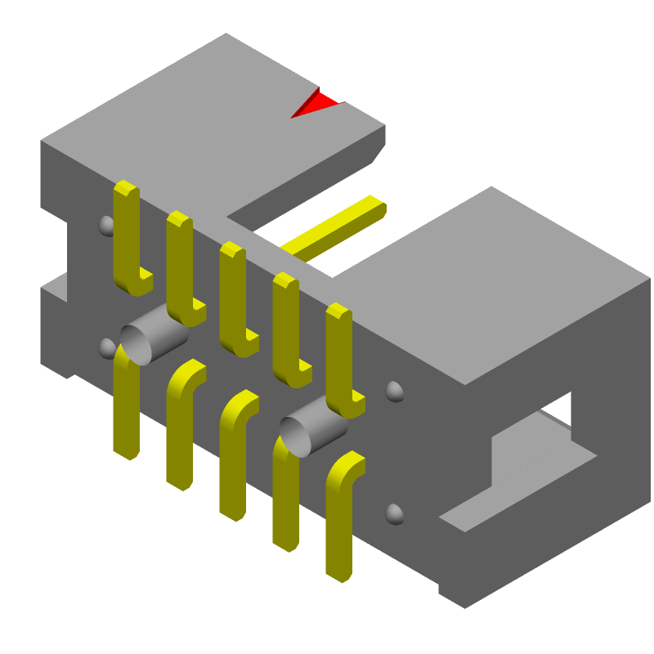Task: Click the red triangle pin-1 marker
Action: click(x=316, y=104)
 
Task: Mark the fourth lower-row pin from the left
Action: click(x=285, y=499)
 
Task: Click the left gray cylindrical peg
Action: click(x=151, y=336)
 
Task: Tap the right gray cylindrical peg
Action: click(x=311, y=428)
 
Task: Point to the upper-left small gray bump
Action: click(x=106, y=225)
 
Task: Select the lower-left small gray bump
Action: click(x=106, y=348)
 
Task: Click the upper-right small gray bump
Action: click(x=394, y=392)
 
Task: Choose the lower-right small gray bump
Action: click(x=394, y=514)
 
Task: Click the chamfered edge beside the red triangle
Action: click(x=379, y=147)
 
